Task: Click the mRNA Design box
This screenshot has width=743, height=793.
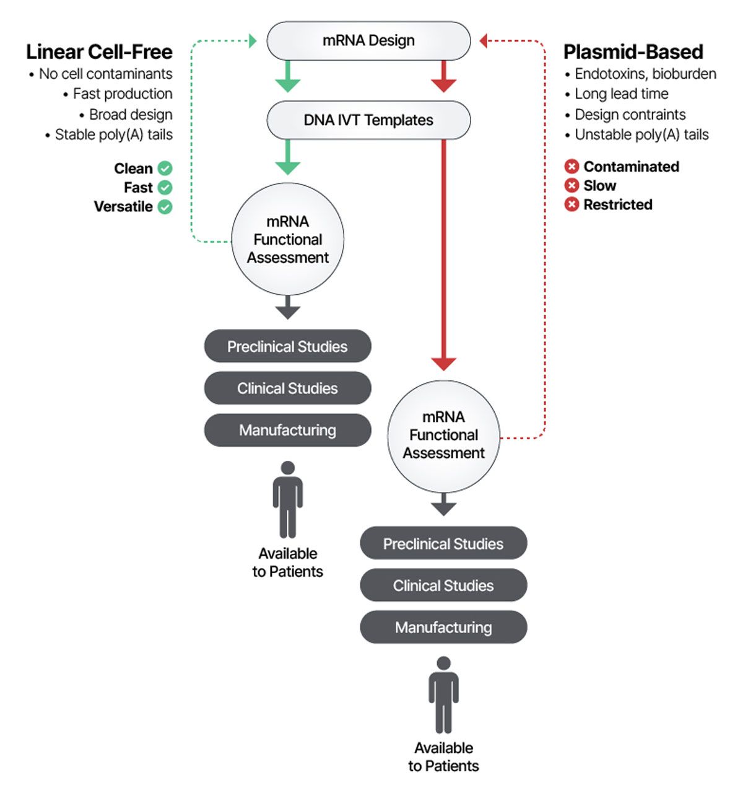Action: point(368,41)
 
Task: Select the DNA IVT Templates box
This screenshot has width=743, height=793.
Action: point(368,120)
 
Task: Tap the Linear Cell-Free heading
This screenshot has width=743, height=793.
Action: point(99,51)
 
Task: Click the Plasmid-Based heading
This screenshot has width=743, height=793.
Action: point(633,51)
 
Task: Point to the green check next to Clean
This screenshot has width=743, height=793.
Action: point(165,169)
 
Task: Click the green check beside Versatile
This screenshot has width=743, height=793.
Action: point(165,207)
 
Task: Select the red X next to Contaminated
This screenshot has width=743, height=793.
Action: point(571,167)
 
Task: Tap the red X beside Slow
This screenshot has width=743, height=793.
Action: point(571,186)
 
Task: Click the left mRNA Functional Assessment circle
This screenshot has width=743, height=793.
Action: point(288,239)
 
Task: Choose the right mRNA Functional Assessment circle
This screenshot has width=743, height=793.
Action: point(443,435)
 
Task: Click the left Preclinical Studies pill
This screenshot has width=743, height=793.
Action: point(287,346)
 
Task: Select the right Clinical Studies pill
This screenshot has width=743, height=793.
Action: point(443,585)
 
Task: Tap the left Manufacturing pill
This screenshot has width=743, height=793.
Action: point(287,430)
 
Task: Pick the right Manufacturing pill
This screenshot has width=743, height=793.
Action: point(443,628)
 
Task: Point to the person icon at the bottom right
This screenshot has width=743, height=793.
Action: point(443,695)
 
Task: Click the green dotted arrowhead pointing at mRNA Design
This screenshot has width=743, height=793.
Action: point(253,41)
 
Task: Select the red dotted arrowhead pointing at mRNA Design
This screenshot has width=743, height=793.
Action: point(484,41)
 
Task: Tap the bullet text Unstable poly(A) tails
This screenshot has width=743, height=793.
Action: point(641,134)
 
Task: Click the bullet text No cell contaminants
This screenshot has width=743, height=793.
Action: point(105,74)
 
